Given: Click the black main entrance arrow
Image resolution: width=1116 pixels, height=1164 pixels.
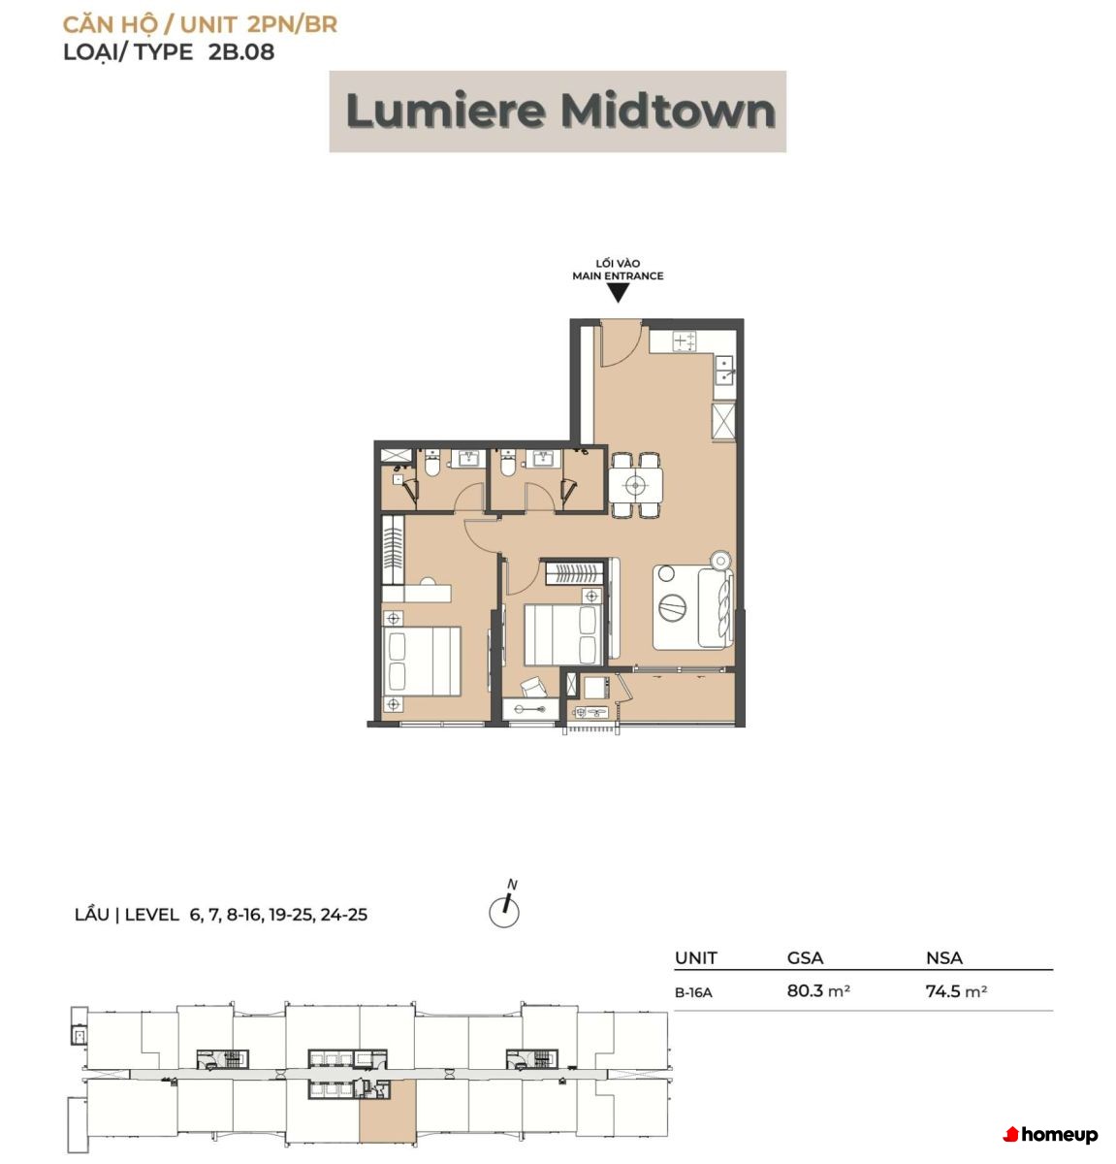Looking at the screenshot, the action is coord(618,293).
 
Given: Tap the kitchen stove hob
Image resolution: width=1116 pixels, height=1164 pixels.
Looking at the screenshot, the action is coord(685,340).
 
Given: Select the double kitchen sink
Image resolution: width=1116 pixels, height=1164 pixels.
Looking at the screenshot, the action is coord(725,370).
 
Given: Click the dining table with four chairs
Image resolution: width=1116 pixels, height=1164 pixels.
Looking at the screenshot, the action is coord(635,484).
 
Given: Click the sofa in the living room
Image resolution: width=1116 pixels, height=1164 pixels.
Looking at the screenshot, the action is coord(715,608).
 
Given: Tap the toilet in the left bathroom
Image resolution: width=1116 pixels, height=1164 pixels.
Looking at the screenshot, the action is coord(431,464).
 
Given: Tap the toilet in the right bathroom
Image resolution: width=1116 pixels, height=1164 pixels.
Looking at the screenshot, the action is coord(507,464).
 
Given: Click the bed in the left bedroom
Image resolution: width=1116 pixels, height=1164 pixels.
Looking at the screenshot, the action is coord(422,661).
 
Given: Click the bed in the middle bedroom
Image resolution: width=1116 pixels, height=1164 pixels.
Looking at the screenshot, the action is coord(563,634).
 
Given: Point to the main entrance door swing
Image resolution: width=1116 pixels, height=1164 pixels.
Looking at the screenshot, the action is coord(622,343).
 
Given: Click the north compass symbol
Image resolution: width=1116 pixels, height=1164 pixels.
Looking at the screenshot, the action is coord(505,906).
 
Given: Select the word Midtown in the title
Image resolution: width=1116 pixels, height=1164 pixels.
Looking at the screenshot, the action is coord(668,111).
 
